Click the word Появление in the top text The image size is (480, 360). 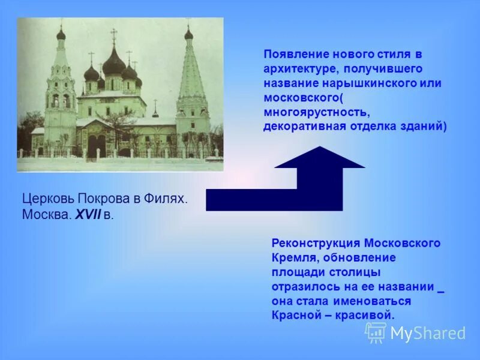click(x=290, y=54)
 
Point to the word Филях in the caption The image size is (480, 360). click(x=166, y=199)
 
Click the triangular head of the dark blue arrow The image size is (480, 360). click(x=320, y=157)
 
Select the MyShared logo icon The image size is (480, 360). click(x=376, y=332)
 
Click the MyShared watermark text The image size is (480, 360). click(x=428, y=333)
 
